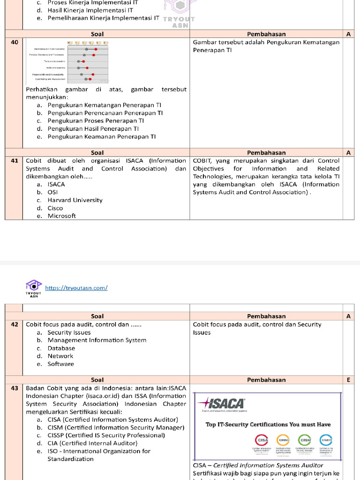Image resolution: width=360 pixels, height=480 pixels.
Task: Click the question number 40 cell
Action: pyautogui.click(x=15, y=42)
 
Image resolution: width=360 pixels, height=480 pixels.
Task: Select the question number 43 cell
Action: pyautogui.click(x=15, y=388)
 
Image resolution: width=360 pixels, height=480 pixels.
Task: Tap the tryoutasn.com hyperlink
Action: pyautogui.click(x=76, y=288)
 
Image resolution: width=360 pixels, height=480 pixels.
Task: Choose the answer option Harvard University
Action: pyautogui.click(x=75, y=200)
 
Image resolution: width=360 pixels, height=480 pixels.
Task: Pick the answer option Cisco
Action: pyautogui.click(x=55, y=208)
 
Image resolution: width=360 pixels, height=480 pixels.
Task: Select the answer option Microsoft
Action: pyautogui.click(x=61, y=216)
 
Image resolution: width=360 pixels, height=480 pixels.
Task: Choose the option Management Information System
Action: pyautogui.click(x=97, y=340)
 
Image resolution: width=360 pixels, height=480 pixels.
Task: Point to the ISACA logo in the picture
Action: pyautogui.click(x=221, y=403)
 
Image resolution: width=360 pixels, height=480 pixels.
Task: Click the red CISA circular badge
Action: pyautogui.click(x=262, y=440)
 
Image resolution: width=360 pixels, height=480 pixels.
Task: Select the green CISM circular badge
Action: pyautogui.click(x=305, y=440)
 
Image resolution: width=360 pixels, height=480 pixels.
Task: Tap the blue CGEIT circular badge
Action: pyautogui.click(x=326, y=440)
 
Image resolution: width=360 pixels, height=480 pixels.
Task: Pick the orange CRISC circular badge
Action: pyautogui.click(x=284, y=440)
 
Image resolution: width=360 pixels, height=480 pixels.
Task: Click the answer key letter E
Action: pyautogui.click(x=348, y=380)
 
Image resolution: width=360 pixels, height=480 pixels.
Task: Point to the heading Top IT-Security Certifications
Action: pyautogui.click(x=268, y=425)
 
